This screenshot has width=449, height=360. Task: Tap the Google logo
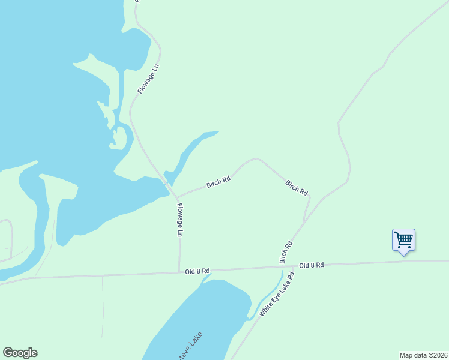point(20,353)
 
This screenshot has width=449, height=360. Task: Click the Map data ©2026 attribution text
point(423,355)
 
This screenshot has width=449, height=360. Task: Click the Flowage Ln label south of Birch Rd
point(179,220)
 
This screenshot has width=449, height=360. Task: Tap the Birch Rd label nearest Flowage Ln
point(218,182)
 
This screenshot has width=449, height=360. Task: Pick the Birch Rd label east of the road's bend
point(297,188)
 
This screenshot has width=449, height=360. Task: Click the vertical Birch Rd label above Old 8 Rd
point(286,253)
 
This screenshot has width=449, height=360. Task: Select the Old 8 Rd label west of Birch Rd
point(197,271)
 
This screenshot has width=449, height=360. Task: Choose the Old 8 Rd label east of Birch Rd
point(312,265)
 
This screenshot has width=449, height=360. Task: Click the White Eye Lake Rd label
point(276,295)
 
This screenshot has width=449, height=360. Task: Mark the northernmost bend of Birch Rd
point(255,159)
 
